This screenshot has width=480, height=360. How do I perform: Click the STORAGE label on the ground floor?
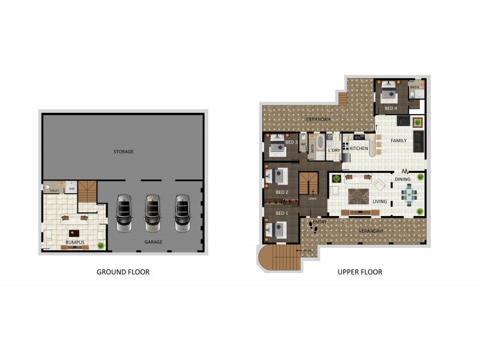click(124, 152)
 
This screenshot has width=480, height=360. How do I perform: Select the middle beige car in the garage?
click(153, 212)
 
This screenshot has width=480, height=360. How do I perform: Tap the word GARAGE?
click(153, 242)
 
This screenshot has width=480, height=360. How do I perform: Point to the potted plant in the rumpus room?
click(101, 245)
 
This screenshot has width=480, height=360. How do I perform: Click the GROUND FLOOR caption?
click(123, 272)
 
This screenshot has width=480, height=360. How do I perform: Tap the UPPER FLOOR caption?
click(359, 272)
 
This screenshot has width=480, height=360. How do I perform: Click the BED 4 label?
click(391, 108)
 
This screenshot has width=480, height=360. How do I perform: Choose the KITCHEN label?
click(359, 148)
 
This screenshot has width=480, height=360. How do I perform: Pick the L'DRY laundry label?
click(334, 150)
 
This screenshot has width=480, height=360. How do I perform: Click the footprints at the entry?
click(313, 227)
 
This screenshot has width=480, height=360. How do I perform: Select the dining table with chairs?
click(410, 194)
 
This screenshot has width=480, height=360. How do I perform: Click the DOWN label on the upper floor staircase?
click(312, 198)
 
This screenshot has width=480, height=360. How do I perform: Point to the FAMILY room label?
click(398, 140)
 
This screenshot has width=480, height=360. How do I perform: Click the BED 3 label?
click(291, 143)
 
